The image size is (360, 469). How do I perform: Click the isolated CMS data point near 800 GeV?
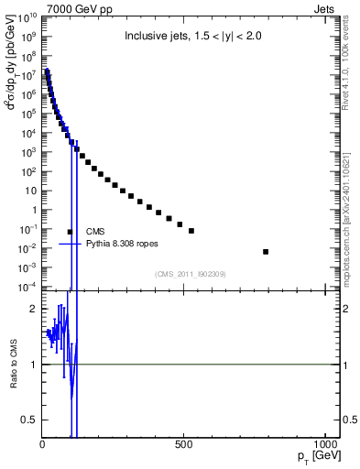(266, 251)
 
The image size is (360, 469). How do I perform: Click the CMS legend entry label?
(96, 232)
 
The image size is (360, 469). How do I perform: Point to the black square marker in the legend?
(70, 232)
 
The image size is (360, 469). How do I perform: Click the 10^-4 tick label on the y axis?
(26, 287)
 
